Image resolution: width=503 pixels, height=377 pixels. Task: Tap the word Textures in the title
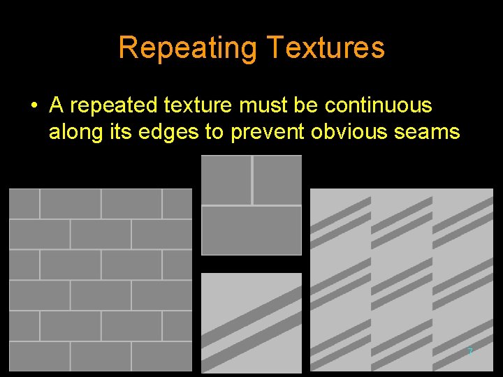(x=326, y=48)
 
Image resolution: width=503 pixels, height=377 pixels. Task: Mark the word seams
(x=429, y=132)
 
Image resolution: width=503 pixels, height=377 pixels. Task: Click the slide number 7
(x=470, y=351)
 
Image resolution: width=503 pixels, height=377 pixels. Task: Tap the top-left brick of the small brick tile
(x=226, y=179)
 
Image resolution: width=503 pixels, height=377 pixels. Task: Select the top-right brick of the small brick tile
(x=277, y=179)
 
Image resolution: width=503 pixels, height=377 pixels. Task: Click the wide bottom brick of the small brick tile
(x=251, y=230)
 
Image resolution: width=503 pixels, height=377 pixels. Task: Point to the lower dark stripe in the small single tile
(x=251, y=347)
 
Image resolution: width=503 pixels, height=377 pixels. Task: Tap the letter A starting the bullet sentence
(x=57, y=106)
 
